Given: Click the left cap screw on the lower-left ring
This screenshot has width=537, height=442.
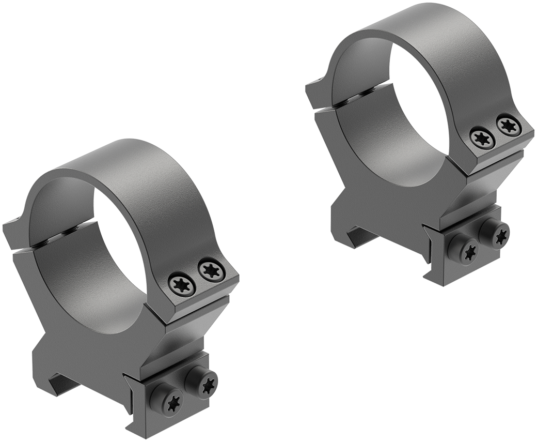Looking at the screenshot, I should (x=182, y=283).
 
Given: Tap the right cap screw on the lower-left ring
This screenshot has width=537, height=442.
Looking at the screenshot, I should (x=212, y=270).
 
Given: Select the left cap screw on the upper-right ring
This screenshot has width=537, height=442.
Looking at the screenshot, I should (x=483, y=138).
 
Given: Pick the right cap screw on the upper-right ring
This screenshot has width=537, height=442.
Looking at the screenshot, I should (x=509, y=126).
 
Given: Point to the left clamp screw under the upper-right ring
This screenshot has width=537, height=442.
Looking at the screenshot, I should (x=463, y=251).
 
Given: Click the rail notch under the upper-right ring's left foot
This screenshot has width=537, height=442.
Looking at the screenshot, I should (x=361, y=235).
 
